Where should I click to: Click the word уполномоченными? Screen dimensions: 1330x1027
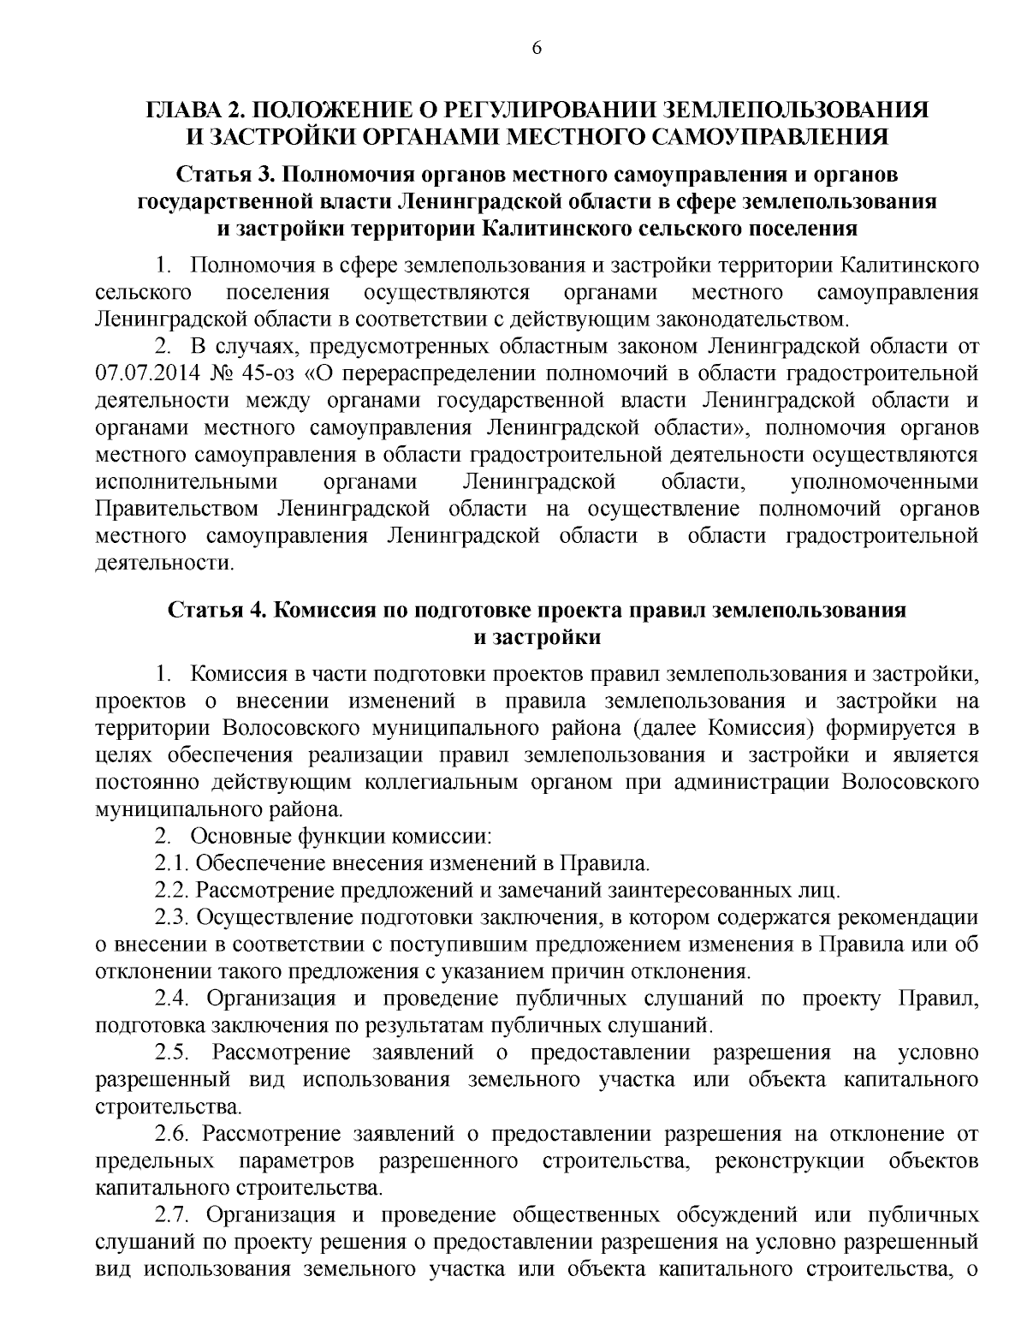tap(886, 481)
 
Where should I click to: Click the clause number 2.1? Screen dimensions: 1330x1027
tap(171, 862)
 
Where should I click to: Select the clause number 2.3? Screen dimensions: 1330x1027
tap(171, 917)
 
